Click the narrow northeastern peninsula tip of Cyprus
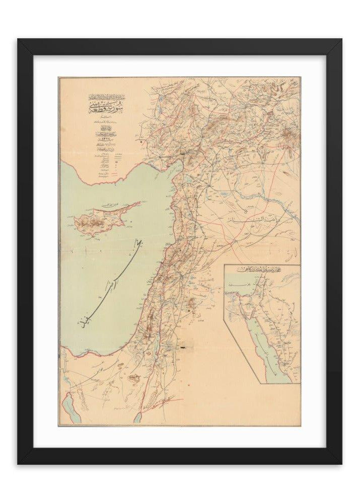[x=137, y=204]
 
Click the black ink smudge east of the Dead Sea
[x=184, y=347]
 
